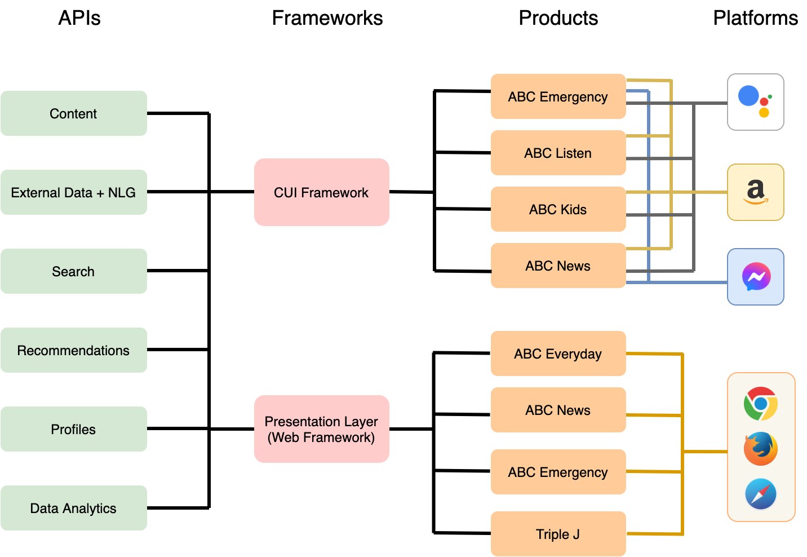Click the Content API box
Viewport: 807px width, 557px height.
73,113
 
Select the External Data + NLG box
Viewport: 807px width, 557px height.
73,192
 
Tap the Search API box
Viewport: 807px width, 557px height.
73,271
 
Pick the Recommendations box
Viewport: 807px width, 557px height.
73,350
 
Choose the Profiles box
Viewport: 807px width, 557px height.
73,429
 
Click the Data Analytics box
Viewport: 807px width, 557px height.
73,508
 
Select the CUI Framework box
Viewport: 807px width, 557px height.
321,192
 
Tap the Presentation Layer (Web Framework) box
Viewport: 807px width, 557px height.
321,429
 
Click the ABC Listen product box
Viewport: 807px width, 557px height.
558,153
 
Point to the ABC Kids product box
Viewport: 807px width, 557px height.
558,209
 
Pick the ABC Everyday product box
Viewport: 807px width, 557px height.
558,353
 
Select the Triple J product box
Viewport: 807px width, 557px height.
558,534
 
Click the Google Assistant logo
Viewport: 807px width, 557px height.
755,101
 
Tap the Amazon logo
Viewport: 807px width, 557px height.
755,192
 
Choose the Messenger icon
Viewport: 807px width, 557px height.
756,277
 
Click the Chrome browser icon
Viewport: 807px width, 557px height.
761,404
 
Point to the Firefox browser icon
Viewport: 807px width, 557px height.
761,449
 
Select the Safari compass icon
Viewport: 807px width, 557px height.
761,494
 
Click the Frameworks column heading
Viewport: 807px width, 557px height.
327,18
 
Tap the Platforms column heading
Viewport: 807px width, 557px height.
755,18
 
